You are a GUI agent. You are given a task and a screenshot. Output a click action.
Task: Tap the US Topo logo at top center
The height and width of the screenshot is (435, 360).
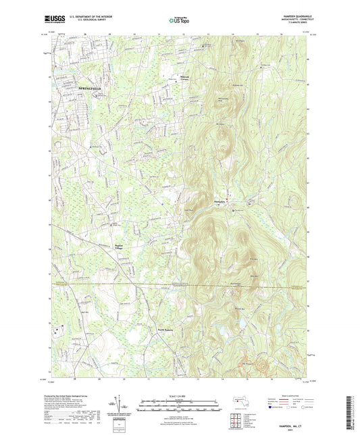tap(178, 21)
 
